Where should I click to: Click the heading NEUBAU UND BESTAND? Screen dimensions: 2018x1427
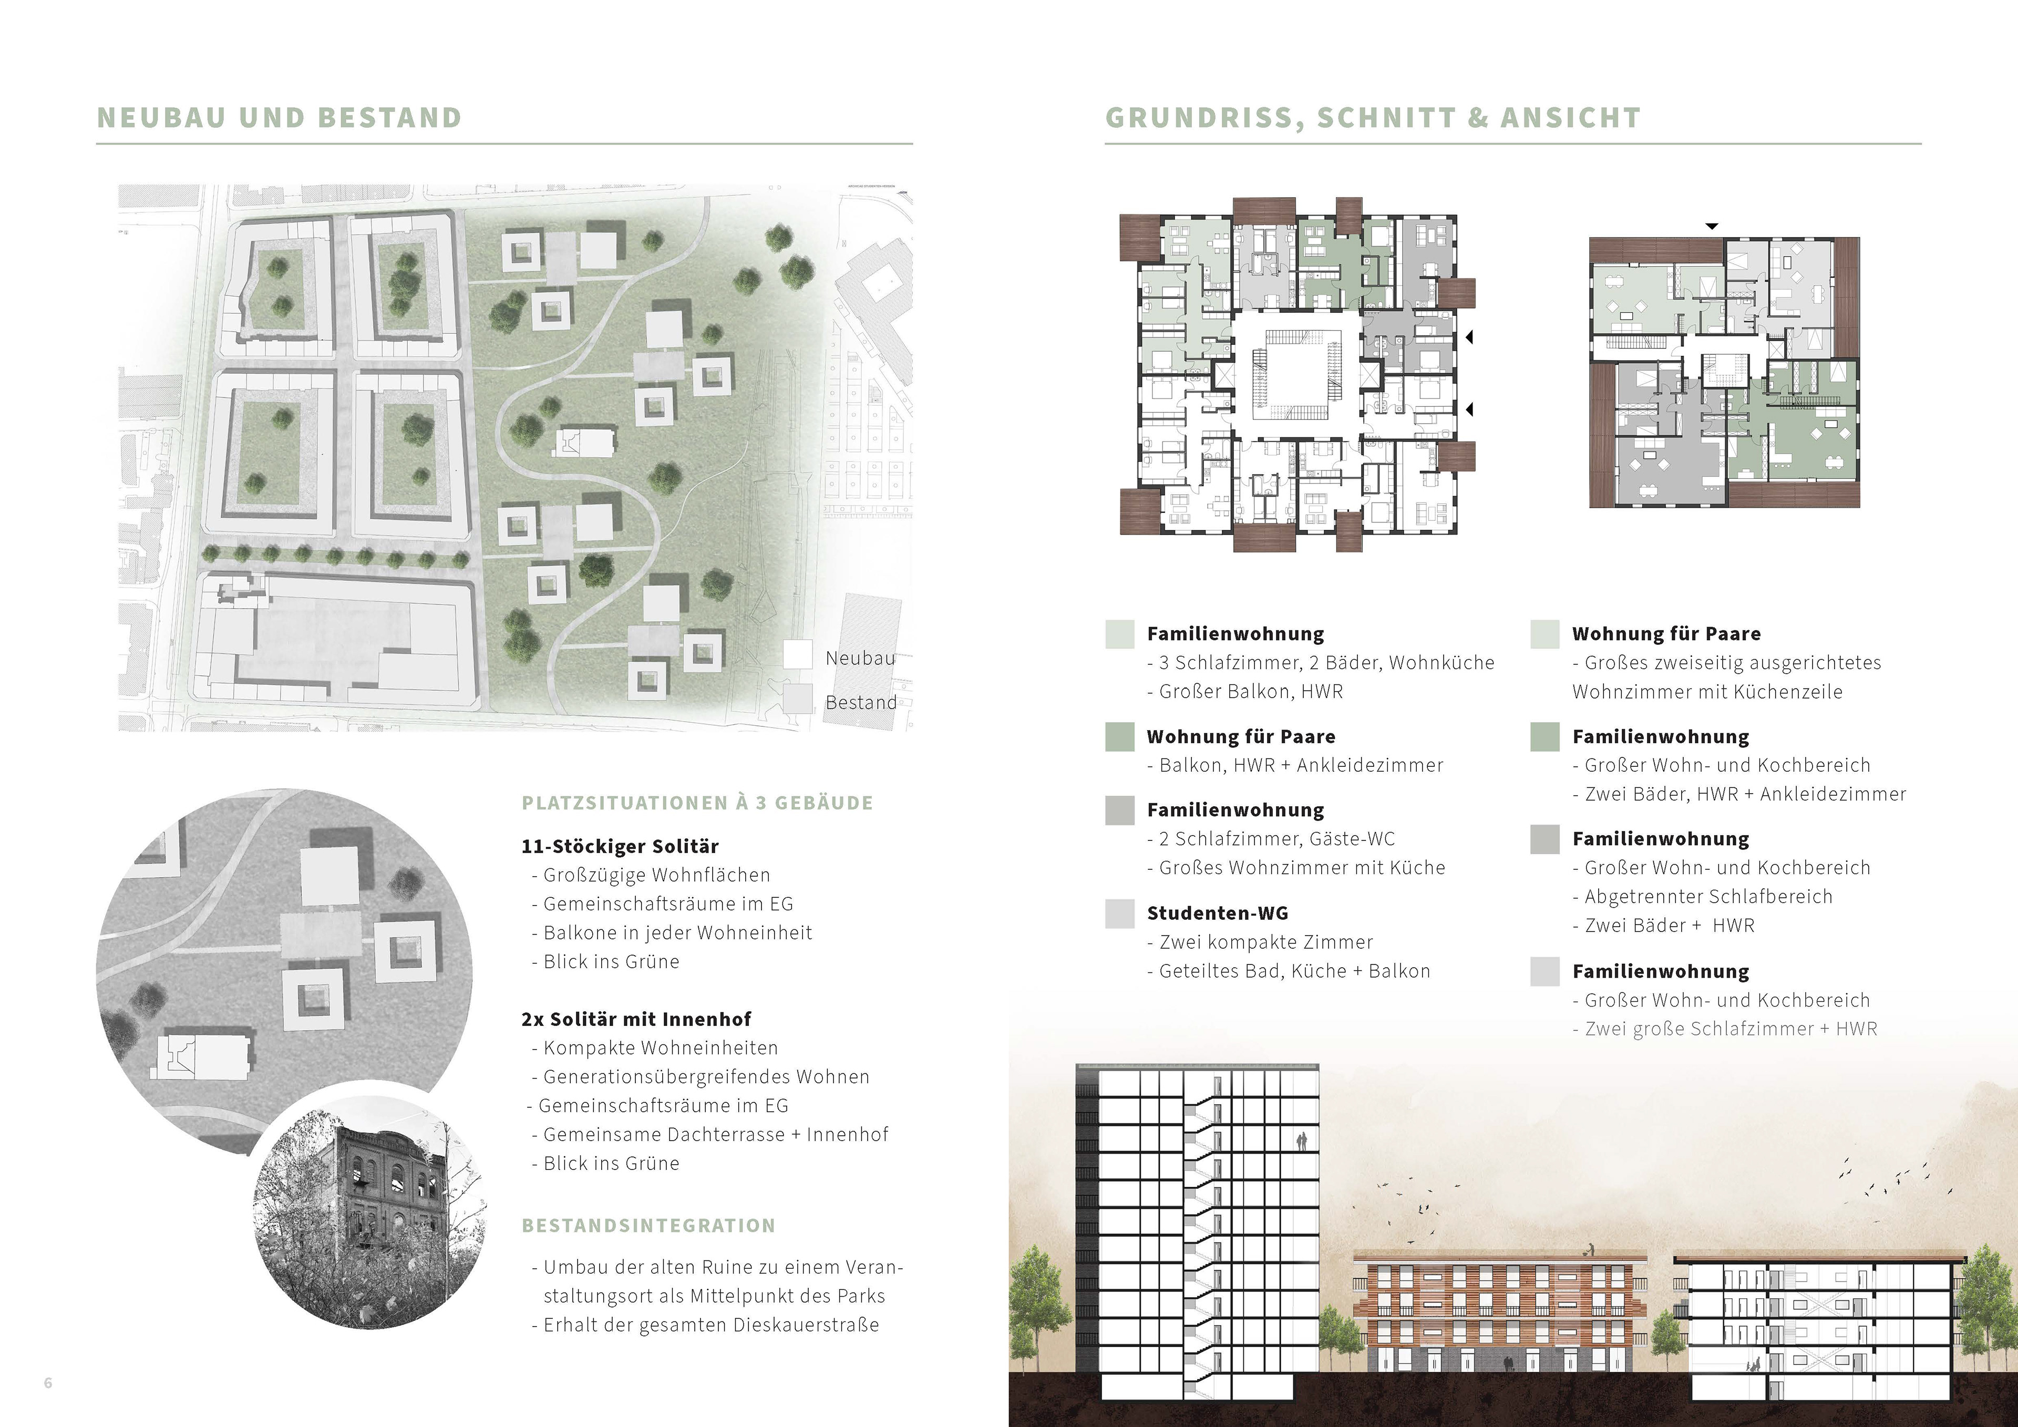pyautogui.click(x=279, y=118)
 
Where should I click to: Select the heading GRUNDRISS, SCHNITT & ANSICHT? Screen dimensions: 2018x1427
pyautogui.click(x=1372, y=118)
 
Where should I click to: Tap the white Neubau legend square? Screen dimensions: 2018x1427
pyautogui.click(x=798, y=655)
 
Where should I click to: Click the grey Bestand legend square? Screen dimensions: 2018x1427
pyautogui.click(x=798, y=699)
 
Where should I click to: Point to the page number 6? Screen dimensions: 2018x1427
pyautogui.click(x=48, y=1383)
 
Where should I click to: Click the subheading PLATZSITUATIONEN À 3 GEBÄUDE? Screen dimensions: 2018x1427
pyautogui.click(x=697, y=803)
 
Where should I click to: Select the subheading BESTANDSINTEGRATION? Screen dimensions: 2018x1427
pyautogui.click(x=648, y=1226)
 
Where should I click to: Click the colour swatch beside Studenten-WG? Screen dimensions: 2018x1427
pyautogui.click(x=1120, y=913)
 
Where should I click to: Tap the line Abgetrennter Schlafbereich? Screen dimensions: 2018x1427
pyautogui.click(x=1708, y=897)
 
